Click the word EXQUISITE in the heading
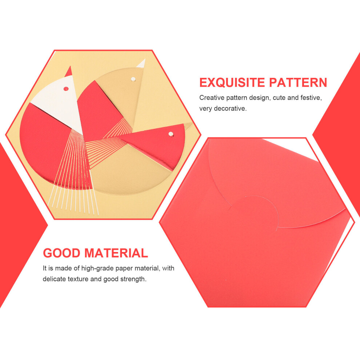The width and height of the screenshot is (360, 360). (232, 83)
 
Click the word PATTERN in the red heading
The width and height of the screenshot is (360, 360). (298, 83)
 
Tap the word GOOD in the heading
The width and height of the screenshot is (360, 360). (61, 253)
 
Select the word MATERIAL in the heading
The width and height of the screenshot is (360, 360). (116, 253)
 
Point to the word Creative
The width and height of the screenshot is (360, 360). (212, 97)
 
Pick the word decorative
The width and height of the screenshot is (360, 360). (230, 108)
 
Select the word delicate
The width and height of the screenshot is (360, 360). (55, 279)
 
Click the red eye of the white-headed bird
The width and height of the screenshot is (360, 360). (66, 89)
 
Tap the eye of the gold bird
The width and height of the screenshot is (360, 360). (133, 79)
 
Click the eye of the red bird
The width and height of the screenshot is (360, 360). (171, 134)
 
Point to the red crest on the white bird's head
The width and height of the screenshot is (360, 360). (69, 72)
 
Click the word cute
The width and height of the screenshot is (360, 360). (279, 97)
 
